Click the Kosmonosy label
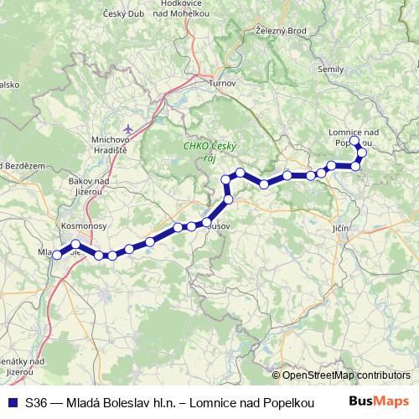click(x=80, y=226)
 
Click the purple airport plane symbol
click(x=127, y=128)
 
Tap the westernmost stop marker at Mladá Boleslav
click(x=57, y=256)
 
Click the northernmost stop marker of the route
click(x=354, y=142)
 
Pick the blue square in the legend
click(x=13, y=401)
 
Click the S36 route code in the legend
click(x=35, y=402)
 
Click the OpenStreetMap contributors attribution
click(x=346, y=375)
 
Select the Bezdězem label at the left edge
click(x=21, y=166)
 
